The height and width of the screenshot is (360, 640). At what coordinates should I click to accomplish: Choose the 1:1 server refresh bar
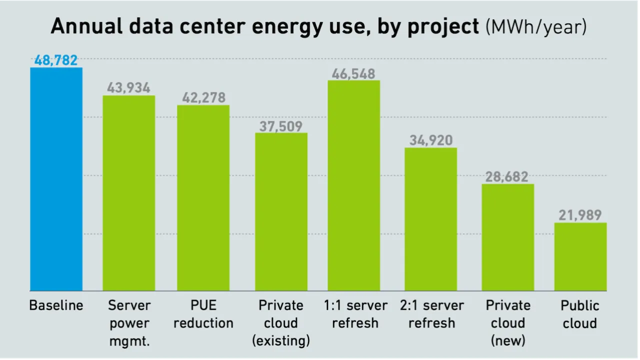click(353, 185)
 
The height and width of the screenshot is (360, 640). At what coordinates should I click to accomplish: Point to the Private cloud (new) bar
click(507, 237)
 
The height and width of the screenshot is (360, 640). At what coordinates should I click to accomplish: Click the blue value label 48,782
click(56, 60)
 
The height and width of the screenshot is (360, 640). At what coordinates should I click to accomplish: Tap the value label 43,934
click(128, 88)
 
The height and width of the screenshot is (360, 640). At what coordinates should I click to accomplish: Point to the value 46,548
click(353, 74)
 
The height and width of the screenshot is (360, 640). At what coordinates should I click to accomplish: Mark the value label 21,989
click(580, 215)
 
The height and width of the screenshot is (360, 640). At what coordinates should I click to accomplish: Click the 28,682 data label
click(507, 177)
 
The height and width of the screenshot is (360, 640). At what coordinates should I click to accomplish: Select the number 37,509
click(281, 126)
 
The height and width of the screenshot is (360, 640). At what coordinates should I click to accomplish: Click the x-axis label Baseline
click(56, 305)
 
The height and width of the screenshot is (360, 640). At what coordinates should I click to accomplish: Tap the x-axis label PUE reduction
click(203, 314)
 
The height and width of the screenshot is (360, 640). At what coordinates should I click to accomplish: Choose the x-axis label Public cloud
click(580, 314)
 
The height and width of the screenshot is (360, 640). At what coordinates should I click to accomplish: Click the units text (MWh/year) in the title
click(536, 27)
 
